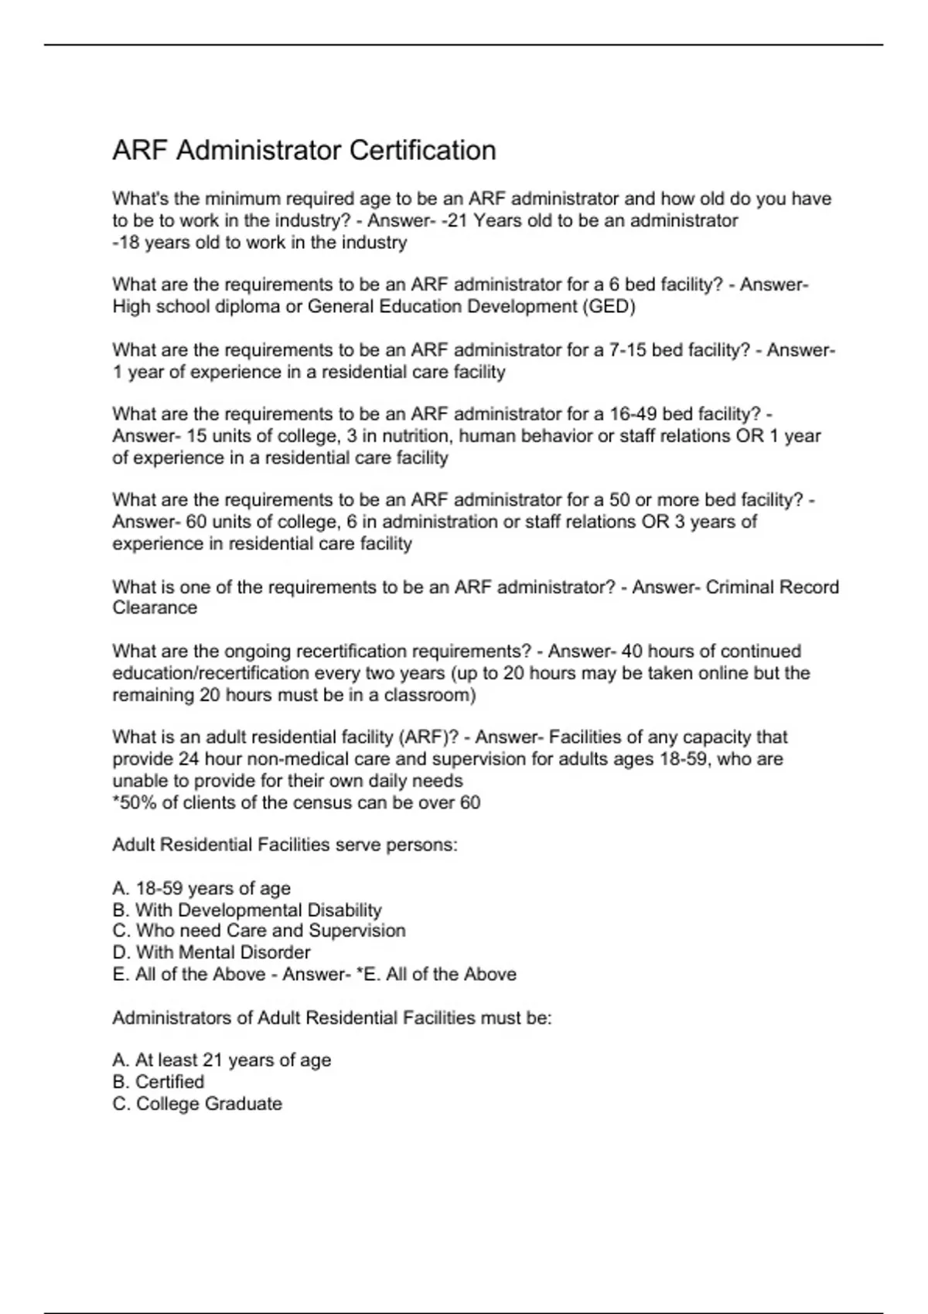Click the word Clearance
[x=155, y=608]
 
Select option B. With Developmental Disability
[x=247, y=910]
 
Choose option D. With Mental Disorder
[x=211, y=952]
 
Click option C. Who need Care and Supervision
[x=258, y=931]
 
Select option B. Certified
[x=159, y=1081]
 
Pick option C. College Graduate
[x=197, y=1103]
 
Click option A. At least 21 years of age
[x=221, y=1060]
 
